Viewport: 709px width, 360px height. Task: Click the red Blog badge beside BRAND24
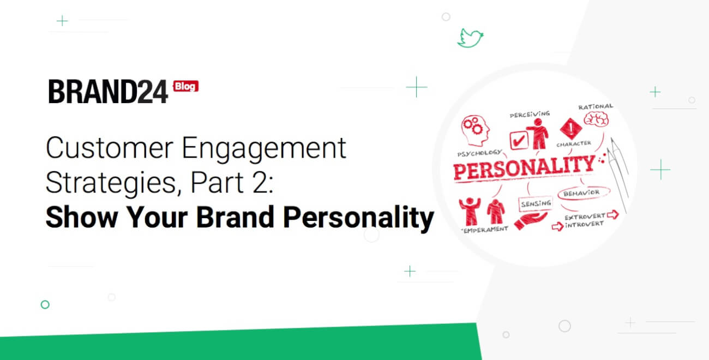click(185, 87)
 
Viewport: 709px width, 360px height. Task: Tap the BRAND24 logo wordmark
click(108, 92)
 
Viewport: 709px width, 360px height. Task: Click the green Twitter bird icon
click(470, 38)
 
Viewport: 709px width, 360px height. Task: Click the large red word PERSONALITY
click(524, 167)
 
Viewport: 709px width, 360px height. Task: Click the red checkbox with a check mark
click(518, 140)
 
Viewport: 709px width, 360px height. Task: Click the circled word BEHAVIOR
click(581, 193)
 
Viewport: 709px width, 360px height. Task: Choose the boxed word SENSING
click(536, 203)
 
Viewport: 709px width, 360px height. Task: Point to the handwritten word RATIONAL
click(596, 106)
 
